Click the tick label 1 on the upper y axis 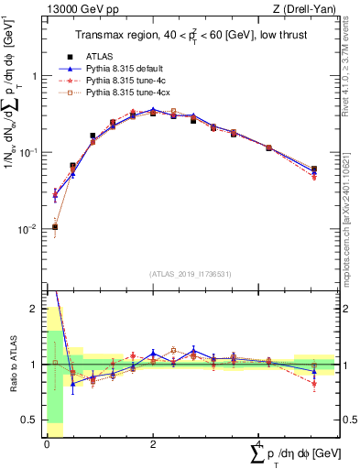pos(35,77)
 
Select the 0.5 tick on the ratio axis pos(32,420)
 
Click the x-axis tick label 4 pos(257,443)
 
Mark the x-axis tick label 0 pos(47,443)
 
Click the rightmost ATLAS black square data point pos(314,169)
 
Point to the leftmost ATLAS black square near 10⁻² pos(55,226)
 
